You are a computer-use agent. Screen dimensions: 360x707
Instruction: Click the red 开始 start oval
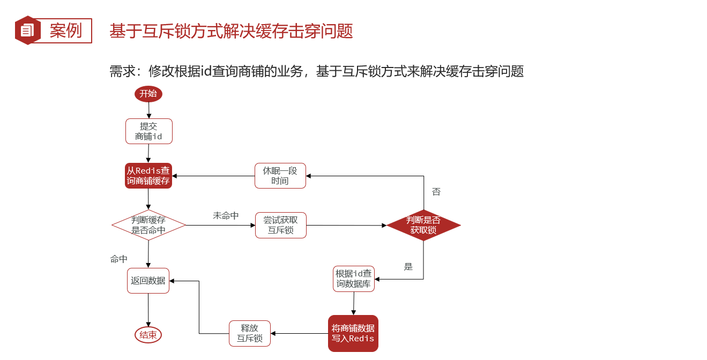tap(148, 94)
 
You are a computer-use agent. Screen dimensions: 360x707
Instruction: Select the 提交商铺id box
tap(149, 131)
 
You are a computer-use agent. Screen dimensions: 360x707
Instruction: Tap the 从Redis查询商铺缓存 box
tap(148, 176)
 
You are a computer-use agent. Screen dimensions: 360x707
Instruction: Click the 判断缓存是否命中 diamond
tap(148, 225)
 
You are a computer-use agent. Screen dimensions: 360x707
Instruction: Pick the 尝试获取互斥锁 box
tap(281, 226)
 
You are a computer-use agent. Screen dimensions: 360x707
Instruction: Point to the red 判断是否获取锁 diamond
tap(423, 225)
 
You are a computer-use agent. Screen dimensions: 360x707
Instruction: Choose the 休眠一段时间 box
tap(280, 176)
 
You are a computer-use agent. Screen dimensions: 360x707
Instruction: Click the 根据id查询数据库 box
tap(354, 279)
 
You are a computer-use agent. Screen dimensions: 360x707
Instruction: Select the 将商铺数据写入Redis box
tap(353, 333)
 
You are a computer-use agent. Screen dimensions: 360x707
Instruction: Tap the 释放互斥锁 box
tap(250, 333)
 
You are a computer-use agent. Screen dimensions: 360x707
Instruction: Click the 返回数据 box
tap(148, 280)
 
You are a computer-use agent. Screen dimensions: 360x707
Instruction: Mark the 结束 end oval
tap(148, 335)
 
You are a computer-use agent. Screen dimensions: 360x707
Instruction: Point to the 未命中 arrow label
tap(226, 215)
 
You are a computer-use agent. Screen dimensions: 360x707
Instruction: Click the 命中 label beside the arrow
tap(119, 259)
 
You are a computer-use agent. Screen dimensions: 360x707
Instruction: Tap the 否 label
tap(436, 192)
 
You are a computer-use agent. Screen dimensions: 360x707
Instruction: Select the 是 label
tap(408, 267)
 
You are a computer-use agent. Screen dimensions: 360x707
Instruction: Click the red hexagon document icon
tap(27, 31)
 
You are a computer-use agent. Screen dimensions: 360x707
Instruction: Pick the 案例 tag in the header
tap(66, 31)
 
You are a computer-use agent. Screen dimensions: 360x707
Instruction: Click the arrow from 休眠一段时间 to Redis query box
tap(213, 176)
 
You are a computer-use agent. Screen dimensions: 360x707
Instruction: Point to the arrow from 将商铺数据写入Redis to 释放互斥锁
tap(300, 333)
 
